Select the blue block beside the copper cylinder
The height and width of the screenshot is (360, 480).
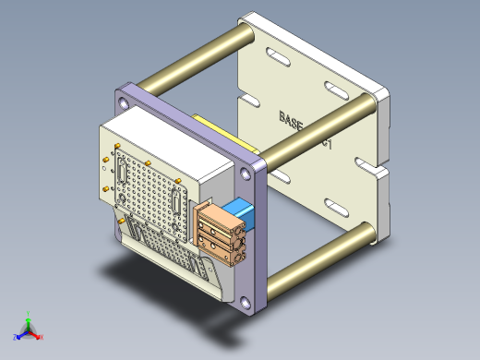coord(243,214)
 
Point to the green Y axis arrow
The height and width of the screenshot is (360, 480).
coord(29,316)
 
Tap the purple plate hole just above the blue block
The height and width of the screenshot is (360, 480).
coord(252,174)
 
